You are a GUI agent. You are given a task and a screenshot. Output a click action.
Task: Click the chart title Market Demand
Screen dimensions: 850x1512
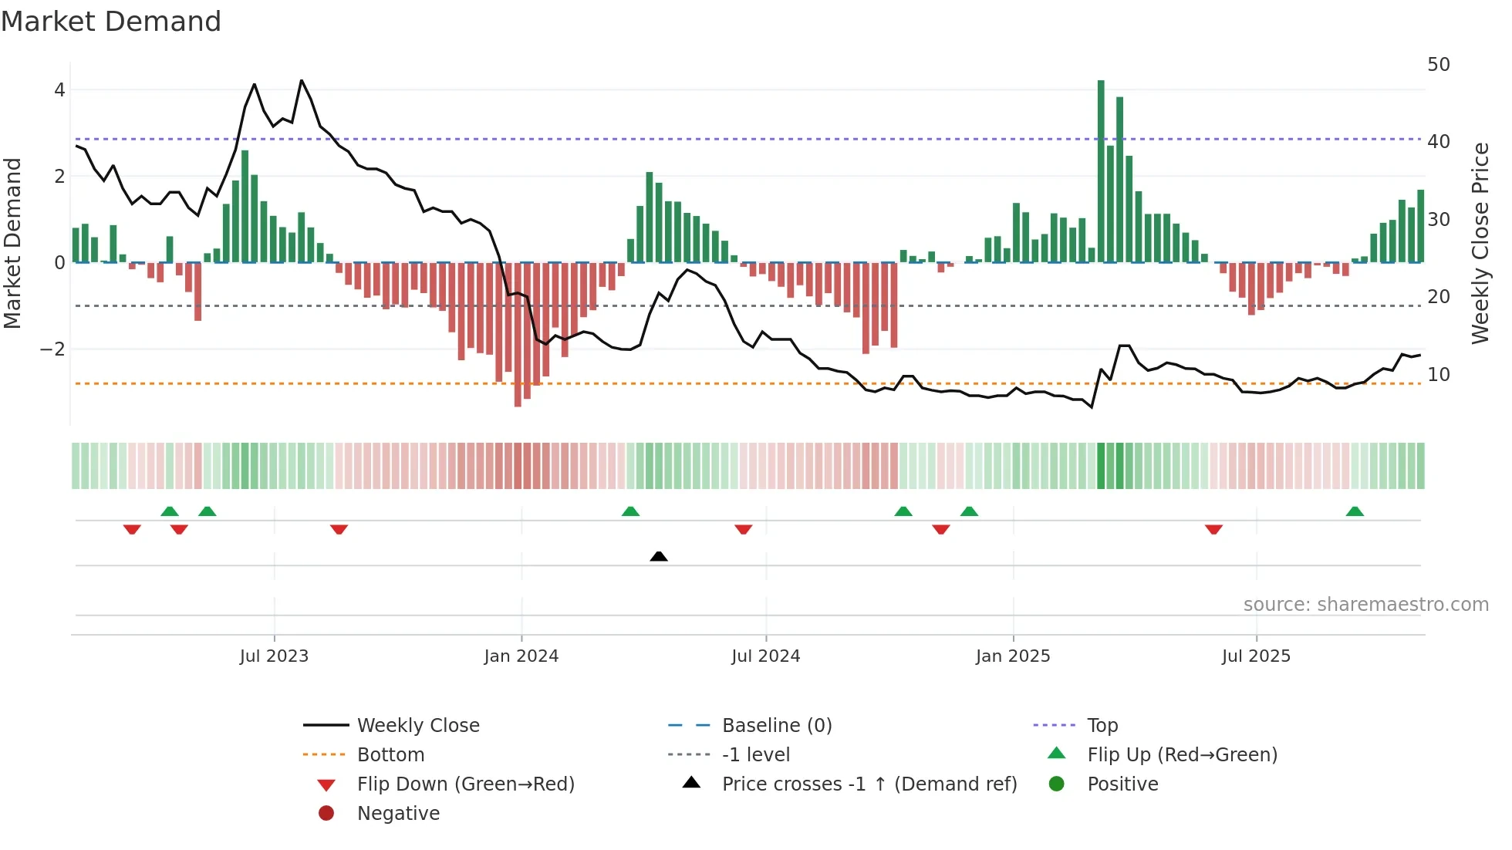coord(111,22)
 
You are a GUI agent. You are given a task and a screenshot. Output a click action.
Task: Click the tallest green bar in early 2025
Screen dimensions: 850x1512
coord(1101,170)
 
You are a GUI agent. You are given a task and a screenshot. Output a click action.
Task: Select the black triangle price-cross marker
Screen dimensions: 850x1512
coord(659,556)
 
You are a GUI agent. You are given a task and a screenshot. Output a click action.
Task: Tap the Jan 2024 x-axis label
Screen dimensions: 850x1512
coord(521,656)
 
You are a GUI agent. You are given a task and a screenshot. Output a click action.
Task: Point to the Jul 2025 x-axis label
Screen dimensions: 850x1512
coord(1256,656)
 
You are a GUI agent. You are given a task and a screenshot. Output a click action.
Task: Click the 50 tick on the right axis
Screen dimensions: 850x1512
coord(1438,65)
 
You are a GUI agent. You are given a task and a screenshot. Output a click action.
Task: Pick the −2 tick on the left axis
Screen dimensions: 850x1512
coord(52,349)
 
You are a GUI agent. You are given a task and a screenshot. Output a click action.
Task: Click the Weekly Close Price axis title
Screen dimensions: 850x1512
coord(1480,243)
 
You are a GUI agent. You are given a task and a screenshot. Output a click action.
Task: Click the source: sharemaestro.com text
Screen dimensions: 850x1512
coord(1365,605)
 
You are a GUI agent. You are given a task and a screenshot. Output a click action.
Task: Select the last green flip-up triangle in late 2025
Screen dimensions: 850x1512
coord(1355,511)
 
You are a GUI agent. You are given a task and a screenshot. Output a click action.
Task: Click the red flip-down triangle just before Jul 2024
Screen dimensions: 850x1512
coord(744,529)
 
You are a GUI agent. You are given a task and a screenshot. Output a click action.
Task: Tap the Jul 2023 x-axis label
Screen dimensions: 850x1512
coord(274,656)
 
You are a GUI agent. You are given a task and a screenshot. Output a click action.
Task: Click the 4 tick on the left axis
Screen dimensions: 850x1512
coord(59,90)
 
